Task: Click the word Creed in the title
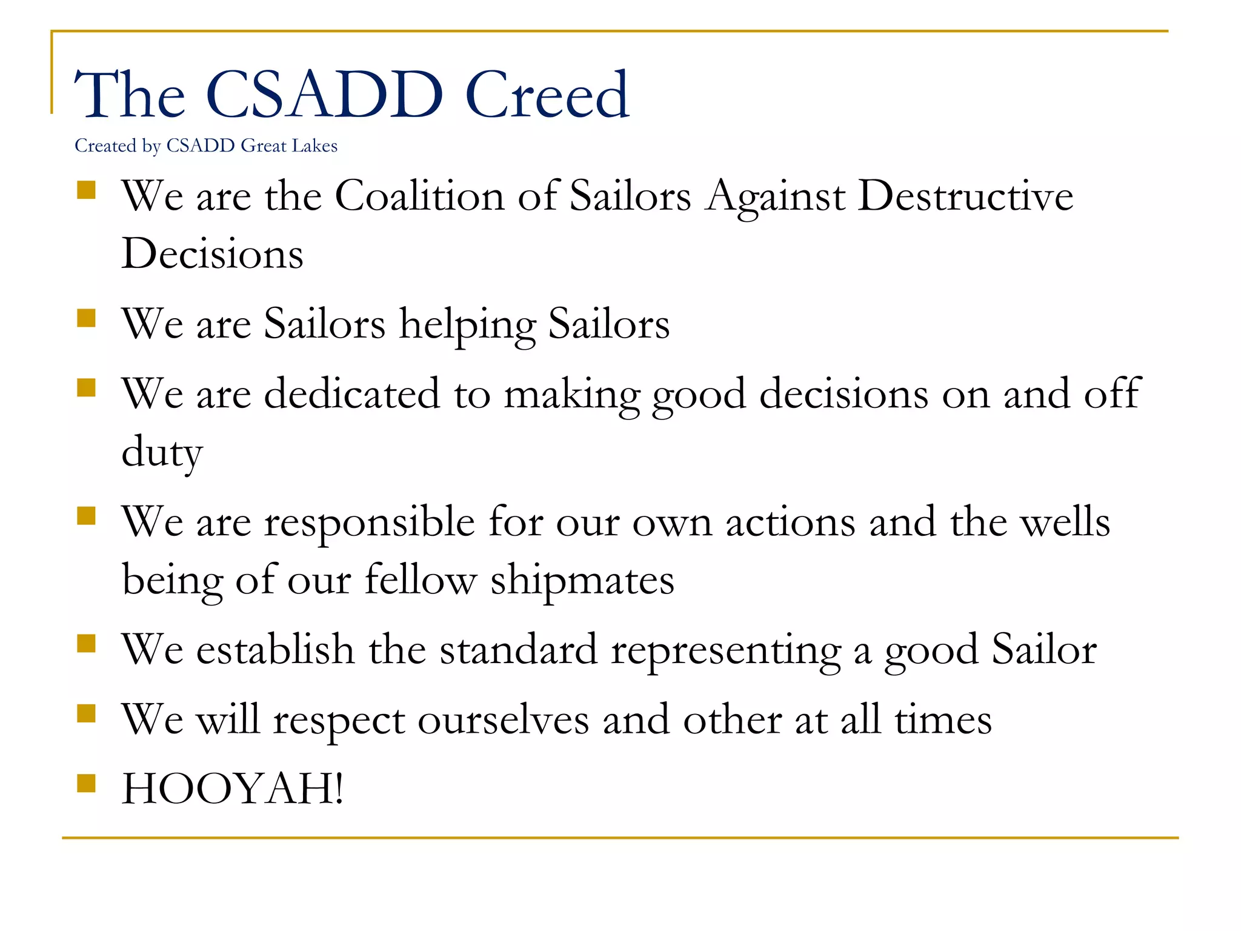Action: point(547,95)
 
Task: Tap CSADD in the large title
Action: point(325,95)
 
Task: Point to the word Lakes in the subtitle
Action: point(314,146)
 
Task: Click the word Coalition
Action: point(419,196)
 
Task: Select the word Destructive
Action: point(965,196)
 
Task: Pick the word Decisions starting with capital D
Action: point(212,254)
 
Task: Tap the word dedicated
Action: point(351,394)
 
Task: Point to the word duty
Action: point(162,452)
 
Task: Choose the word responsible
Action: point(369,522)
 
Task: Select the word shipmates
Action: point(582,580)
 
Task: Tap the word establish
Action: point(275,650)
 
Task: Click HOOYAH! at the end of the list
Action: point(233,789)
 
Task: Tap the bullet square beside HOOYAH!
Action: point(87,783)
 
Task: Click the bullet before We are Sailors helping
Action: point(87,318)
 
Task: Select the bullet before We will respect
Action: point(87,714)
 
